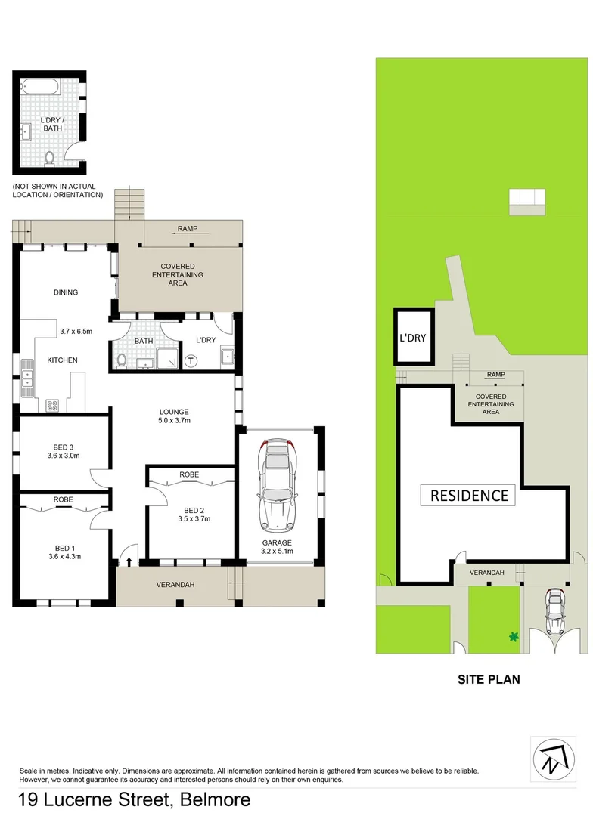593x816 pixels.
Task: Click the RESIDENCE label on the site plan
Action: pos(469,496)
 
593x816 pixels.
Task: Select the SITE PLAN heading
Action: pos(489,679)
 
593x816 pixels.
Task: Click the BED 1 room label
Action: pos(64,547)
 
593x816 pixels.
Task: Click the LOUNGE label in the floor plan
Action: pos(173,412)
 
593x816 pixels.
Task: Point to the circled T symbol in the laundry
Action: pos(191,361)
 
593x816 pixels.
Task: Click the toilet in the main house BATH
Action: pos(123,361)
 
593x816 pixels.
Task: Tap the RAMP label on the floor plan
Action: pos(188,228)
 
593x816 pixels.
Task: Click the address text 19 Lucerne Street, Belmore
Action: pos(134,799)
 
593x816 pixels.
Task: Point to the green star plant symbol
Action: pos(514,637)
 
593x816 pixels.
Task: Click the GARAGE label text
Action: pos(276,542)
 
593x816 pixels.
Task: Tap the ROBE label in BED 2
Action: pos(188,474)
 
